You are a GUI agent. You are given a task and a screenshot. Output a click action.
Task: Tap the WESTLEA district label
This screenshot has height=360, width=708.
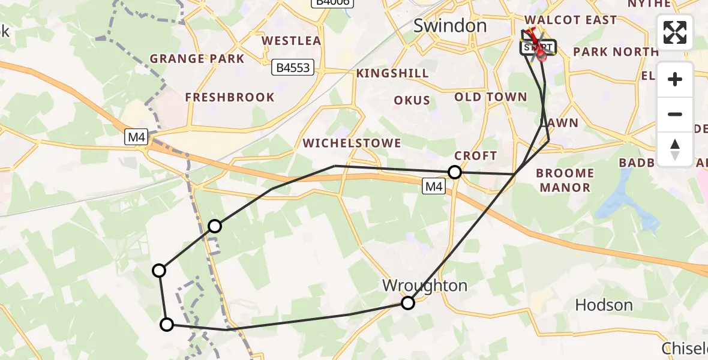pos(291,41)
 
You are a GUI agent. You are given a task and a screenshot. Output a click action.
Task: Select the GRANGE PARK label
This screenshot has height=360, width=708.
pos(197,59)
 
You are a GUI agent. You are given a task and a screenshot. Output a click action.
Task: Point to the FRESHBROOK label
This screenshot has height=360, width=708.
pos(229,97)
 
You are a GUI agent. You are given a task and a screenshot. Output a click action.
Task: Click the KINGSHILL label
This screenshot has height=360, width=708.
pos(392,73)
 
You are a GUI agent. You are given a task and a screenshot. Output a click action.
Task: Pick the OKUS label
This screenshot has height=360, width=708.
pos(412,100)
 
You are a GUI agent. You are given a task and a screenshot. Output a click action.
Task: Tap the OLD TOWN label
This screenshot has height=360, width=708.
pos(490,97)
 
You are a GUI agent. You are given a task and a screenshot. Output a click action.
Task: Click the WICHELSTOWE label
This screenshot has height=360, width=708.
pos(352,143)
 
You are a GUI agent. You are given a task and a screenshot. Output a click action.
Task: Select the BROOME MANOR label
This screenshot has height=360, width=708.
pos(565,180)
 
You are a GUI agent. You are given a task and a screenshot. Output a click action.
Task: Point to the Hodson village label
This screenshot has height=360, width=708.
pos(604,305)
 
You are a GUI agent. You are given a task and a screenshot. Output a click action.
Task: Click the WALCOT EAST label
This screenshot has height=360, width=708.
pos(570,20)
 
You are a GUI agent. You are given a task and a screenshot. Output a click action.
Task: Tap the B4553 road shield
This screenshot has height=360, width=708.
pos(293,68)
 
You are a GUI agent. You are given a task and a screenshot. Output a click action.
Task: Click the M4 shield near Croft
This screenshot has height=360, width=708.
pos(434,187)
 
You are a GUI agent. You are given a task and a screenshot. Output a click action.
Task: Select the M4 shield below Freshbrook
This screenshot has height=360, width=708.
pos(136,137)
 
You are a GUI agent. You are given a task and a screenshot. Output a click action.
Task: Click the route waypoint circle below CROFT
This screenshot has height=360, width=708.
pos(455,173)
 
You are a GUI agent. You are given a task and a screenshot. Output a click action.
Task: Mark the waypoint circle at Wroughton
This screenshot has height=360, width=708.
pos(408,303)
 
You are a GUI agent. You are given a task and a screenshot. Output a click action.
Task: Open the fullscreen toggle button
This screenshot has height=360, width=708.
pos(675,32)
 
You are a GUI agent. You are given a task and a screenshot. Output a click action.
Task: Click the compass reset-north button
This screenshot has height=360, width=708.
pos(675,149)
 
